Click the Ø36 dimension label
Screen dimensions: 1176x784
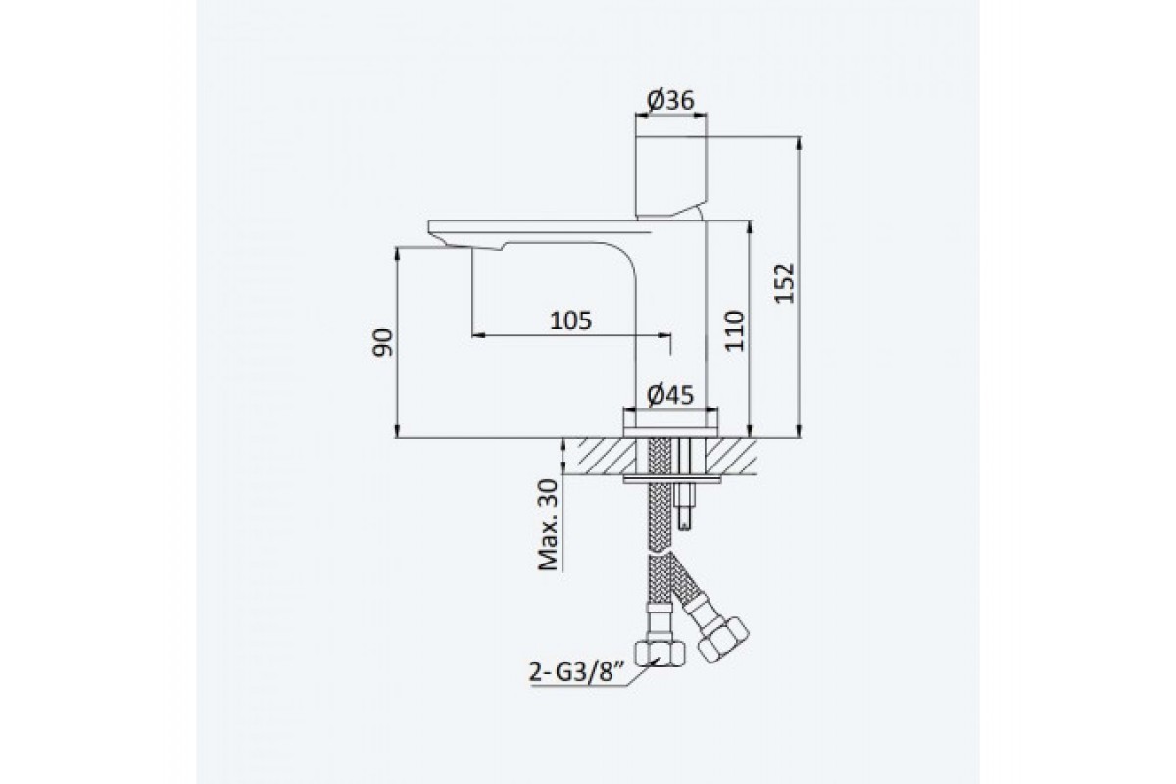[670, 100]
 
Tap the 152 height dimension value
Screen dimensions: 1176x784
[785, 283]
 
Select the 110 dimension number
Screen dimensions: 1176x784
[734, 331]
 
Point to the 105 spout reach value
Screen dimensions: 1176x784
[570, 320]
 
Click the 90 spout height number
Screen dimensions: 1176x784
[382, 342]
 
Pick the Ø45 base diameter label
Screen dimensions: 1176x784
[670, 395]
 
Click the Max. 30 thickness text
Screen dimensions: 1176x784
[548, 524]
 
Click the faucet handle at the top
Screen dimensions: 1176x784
[671, 176]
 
